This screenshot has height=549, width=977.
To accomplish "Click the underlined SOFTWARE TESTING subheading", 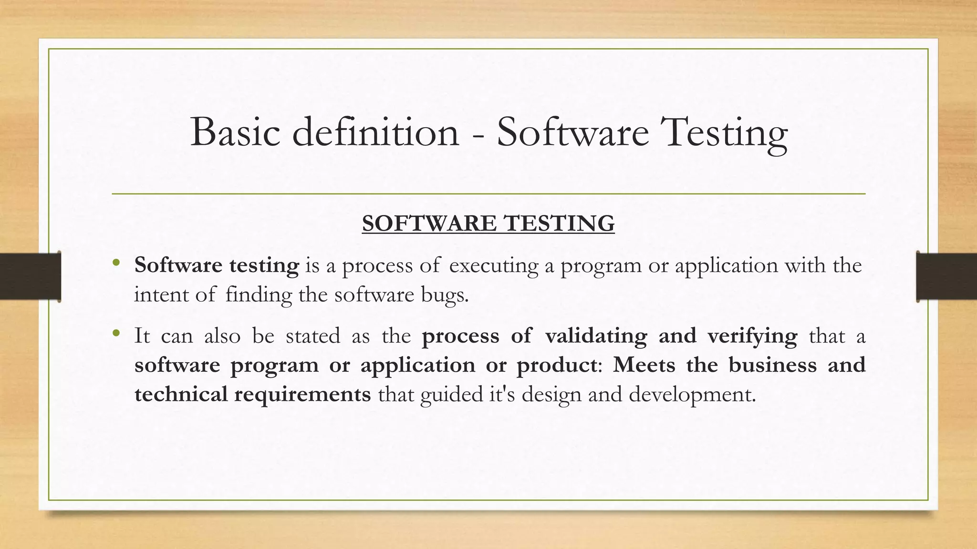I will coord(488,224).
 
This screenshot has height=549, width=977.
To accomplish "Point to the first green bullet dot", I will coord(115,263).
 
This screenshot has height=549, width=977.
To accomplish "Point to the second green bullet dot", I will coord(115,333).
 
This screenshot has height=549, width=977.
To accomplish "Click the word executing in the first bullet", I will coord(494,265).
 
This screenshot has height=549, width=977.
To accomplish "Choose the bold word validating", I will coord(596,336).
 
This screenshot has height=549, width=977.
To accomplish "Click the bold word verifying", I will coord(752,336).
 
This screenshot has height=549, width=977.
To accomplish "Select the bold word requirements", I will coord(302,395).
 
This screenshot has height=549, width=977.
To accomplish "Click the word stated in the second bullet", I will coord(313,336).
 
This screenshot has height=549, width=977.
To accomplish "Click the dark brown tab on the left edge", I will coord(30,276).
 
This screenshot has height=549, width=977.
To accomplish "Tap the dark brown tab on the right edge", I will coord(946,276).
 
